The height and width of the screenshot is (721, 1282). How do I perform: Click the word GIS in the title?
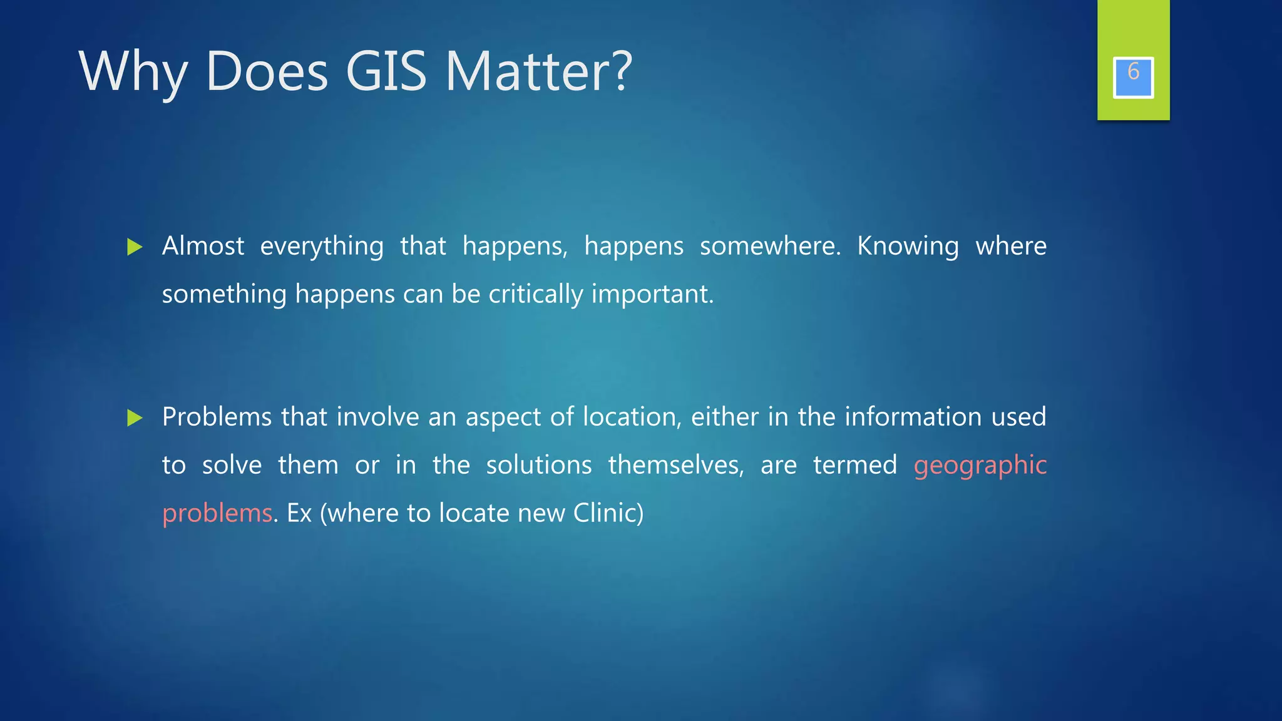386,71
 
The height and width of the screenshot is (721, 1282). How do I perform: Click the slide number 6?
1133,73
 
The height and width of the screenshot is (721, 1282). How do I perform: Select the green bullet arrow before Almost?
135,247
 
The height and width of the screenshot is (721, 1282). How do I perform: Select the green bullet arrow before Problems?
135,418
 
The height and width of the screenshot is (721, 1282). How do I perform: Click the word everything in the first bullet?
322,247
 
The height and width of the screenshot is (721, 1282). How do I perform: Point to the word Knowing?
908,247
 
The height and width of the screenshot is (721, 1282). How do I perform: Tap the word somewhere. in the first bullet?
770,246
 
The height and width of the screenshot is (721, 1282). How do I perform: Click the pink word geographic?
980,466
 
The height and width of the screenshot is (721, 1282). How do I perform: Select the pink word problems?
217,514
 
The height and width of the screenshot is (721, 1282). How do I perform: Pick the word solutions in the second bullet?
538,465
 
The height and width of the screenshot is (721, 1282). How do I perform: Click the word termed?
854,465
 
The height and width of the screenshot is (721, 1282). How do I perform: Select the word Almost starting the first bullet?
203,246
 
